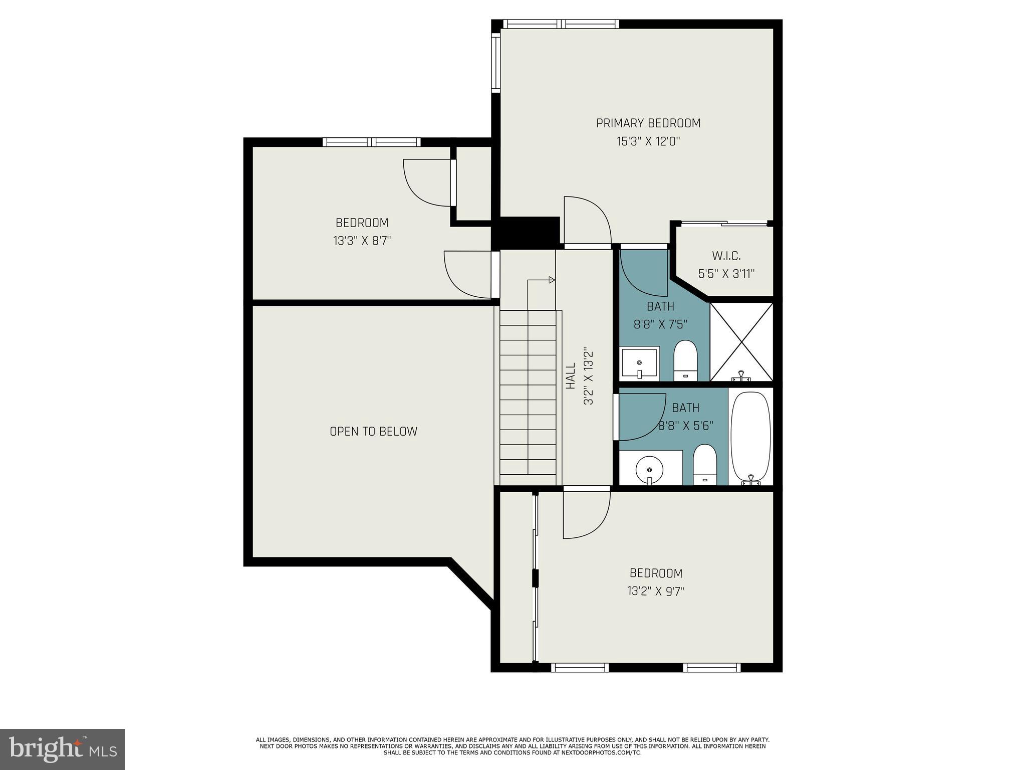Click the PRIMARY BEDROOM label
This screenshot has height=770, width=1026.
(648, 123)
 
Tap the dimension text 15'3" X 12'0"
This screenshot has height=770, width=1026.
(648, 141)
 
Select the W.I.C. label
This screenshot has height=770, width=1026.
(726, 256)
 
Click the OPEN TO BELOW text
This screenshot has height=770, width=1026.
(373, 431)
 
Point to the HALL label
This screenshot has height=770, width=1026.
(571, 376)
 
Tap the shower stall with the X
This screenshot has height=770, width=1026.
(741, 341)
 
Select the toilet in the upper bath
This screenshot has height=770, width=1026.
(685, 360)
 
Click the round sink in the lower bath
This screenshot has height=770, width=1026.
(649, 470)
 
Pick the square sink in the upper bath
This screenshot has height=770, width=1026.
(640, 363)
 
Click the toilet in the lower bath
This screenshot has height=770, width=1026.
(705, 464)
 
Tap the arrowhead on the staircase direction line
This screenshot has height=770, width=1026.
(552, 280)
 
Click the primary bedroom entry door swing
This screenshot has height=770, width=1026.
(586, 221)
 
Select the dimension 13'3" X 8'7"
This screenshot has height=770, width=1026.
(362, 241)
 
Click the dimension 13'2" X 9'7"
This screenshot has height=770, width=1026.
(655, 591)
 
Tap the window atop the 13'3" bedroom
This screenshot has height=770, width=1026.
(371, 142)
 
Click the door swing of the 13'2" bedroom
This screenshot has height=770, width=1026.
(585, 514)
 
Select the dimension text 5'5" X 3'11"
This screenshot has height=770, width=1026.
(726, 274)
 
